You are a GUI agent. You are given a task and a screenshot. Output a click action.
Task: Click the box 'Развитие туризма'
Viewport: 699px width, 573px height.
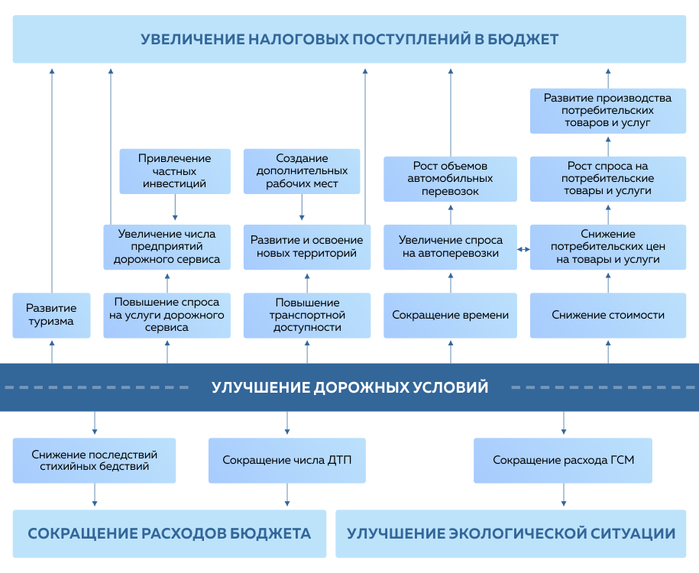click(50, 315)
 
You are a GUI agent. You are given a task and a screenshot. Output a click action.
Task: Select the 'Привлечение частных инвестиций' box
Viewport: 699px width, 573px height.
click(175, 171)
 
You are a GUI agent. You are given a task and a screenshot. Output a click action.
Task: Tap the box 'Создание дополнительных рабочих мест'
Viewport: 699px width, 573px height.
click(302, 171)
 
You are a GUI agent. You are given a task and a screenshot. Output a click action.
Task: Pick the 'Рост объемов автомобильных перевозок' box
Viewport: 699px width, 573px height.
click(450, 179)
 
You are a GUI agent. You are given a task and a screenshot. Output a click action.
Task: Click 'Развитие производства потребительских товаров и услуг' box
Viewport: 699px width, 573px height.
click(608, 110)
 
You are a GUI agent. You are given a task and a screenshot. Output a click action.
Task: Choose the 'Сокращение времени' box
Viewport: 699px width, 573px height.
click(450, 315)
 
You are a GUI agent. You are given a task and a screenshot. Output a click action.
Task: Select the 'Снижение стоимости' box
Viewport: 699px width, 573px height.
click(608, 315)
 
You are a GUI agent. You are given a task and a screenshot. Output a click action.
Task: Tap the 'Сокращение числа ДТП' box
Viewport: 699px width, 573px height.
click(287, 460)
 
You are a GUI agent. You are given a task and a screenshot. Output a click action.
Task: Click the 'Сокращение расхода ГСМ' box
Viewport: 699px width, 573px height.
click(563, 460)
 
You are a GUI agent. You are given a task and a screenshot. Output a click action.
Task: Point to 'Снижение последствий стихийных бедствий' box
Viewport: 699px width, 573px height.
click(95, 460)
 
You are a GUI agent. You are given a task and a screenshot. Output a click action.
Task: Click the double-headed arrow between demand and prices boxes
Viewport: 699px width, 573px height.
click(523, 249)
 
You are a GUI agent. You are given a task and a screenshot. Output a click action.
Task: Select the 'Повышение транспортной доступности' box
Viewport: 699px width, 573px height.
click(307, 315)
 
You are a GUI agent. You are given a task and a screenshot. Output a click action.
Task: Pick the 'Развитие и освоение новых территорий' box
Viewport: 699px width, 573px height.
click(307, 247)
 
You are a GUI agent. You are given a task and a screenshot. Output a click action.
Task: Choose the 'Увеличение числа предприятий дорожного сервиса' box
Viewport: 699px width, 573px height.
click(167, 247)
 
